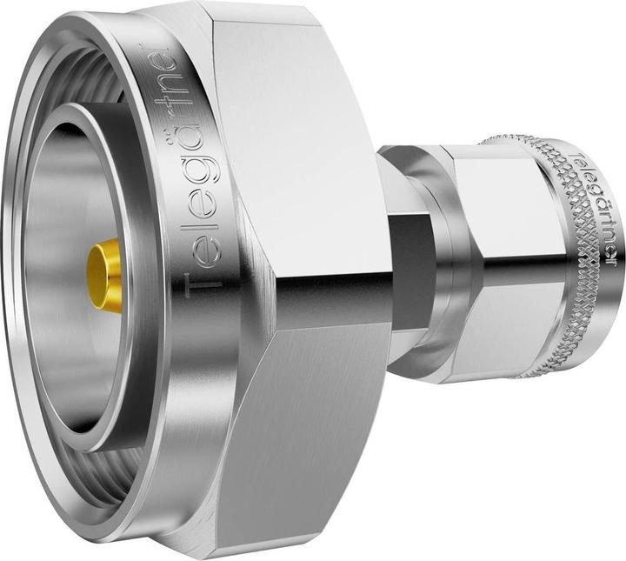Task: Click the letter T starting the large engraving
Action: point(197,277)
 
